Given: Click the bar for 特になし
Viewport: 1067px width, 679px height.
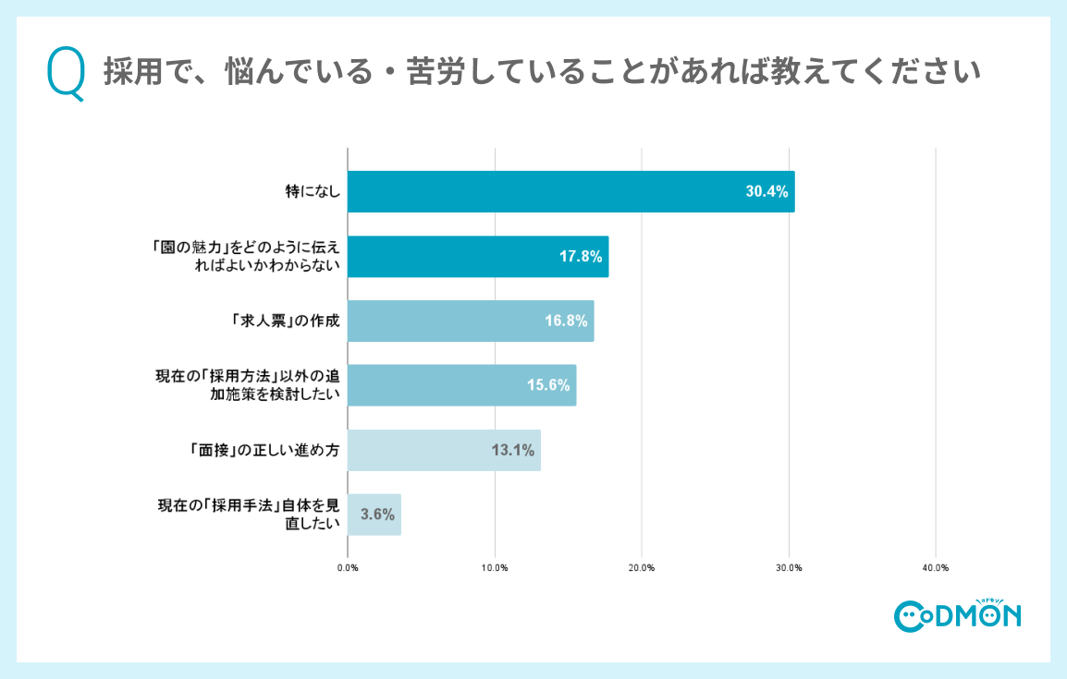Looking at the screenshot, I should [x=570, y=192].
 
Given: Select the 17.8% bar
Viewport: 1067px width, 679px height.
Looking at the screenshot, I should [x=477, y=257].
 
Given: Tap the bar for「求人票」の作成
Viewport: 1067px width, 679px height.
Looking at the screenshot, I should [x=470, y=321].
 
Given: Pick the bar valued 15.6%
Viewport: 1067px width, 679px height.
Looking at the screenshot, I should [x=461, y=385].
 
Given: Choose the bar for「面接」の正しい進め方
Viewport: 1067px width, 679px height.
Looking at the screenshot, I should [x=444, y=450].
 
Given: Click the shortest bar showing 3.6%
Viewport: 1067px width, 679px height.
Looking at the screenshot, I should [x=374, y=515].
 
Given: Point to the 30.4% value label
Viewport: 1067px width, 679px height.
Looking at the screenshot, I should [x=767, y=192].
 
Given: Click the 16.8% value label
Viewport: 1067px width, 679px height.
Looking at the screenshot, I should [x=567, y=321].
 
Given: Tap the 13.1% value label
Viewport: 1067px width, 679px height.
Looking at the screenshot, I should [x=513, y=451].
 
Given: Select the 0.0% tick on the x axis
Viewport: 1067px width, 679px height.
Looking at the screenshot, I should [x=348, y=567].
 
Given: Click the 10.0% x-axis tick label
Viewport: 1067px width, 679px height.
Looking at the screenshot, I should [x=495, y=567].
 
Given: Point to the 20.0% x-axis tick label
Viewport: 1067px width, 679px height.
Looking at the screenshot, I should [x=642, y=567].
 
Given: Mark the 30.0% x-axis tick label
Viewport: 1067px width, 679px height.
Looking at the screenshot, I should [x=789, y=567].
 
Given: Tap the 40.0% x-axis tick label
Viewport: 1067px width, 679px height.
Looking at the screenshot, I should [x=936, y=567].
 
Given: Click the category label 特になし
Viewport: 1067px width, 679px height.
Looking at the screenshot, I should [x=313, y=192].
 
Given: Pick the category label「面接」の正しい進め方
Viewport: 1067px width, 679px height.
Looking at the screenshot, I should [x=260, y=451].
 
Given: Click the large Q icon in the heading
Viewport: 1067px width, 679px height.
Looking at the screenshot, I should [x=66, y=74].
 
